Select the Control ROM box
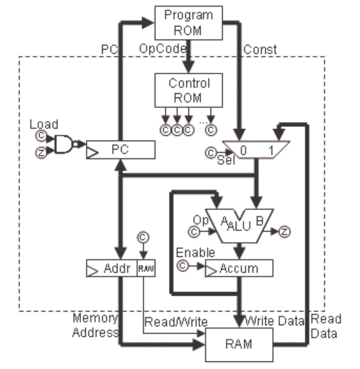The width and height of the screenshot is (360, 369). [x=189, y=90]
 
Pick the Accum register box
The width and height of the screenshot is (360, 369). [x=239, y=268]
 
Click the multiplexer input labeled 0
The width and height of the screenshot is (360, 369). [x=243, y=150]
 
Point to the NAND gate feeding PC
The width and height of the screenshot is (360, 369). [x=64, y=144]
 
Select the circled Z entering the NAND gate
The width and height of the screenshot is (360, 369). [x=41, y=153]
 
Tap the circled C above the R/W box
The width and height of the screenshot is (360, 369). [x=143, y=237]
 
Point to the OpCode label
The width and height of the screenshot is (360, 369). [x=163, y=49]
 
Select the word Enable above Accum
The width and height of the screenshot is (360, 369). [x=195, y=252]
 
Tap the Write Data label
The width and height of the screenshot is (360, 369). [x=275, y=322]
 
